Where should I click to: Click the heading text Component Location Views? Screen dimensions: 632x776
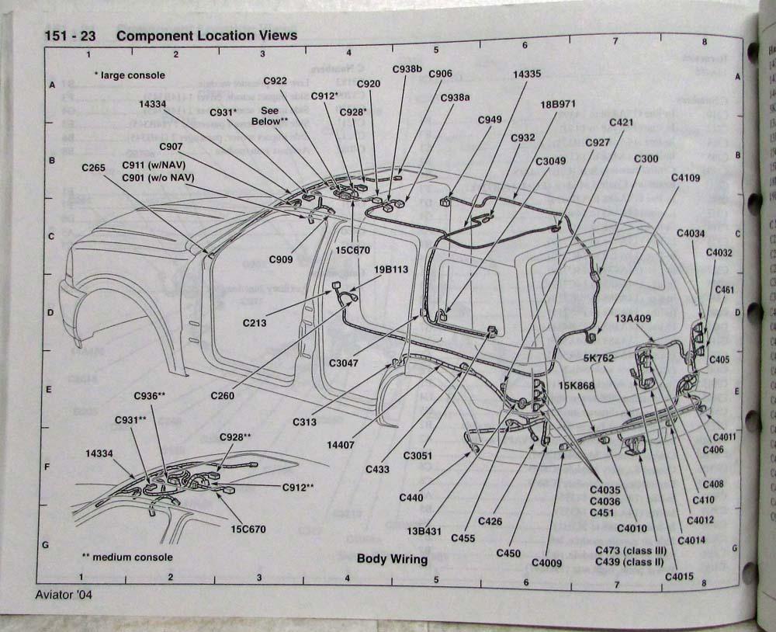pyautogui.click(x=206, y=36)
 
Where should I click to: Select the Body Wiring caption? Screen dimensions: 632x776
pyautogui.click(x=392, y=559)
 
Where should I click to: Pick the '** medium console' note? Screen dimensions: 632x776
pyautogui.click(x=127, y=557)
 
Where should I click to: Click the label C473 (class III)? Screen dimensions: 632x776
pyautogui.click(x=633, y=550)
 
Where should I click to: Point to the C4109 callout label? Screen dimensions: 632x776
pyautogui.click(x=685, y=178)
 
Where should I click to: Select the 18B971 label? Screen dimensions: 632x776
pyautogui.click(x=559, y=103)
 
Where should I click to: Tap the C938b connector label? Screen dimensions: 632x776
pyautogui.click(x=407, y=69)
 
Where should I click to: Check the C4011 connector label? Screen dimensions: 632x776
pyautogui.click(x=724, y=437)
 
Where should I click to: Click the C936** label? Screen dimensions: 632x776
pyautogui.click(x=150, y=396)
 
